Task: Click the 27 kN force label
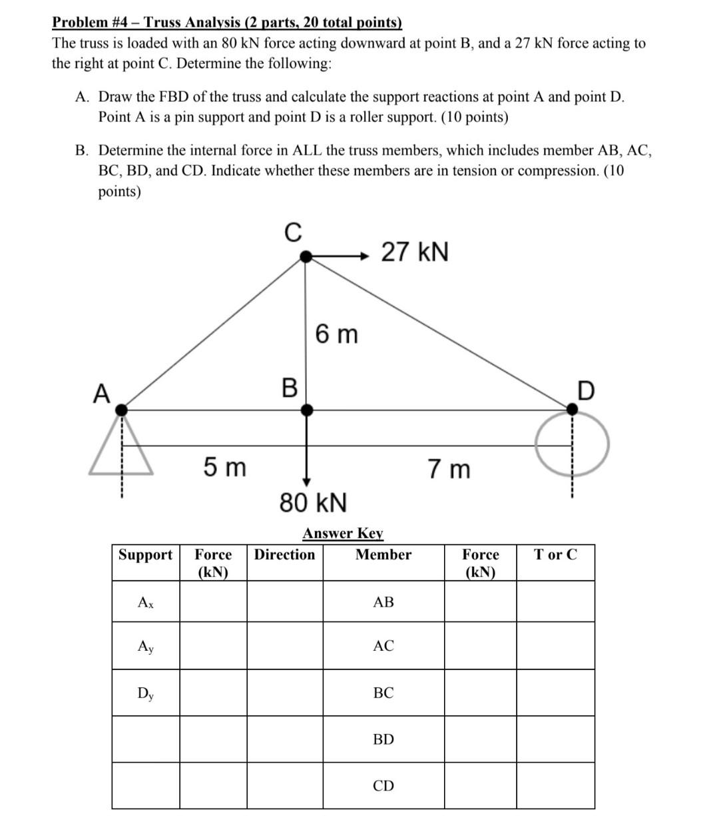point(415,252)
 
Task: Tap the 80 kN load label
point(313,502)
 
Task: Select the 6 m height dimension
point(336,334)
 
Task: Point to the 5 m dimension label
point(224,468)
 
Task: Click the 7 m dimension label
point(449,469)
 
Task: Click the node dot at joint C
point(306,256)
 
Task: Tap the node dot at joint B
point(306,410)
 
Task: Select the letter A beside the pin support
point(101,394)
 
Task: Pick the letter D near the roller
point(585,391)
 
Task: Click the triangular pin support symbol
point(121,446)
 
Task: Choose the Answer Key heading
point(343,534)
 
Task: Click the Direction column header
point(285,555)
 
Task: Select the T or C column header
point(555,555)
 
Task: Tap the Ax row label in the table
point(145,602)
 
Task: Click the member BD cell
point(383,739)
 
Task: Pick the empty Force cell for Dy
point(213,693)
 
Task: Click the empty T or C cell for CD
point(555,786)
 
